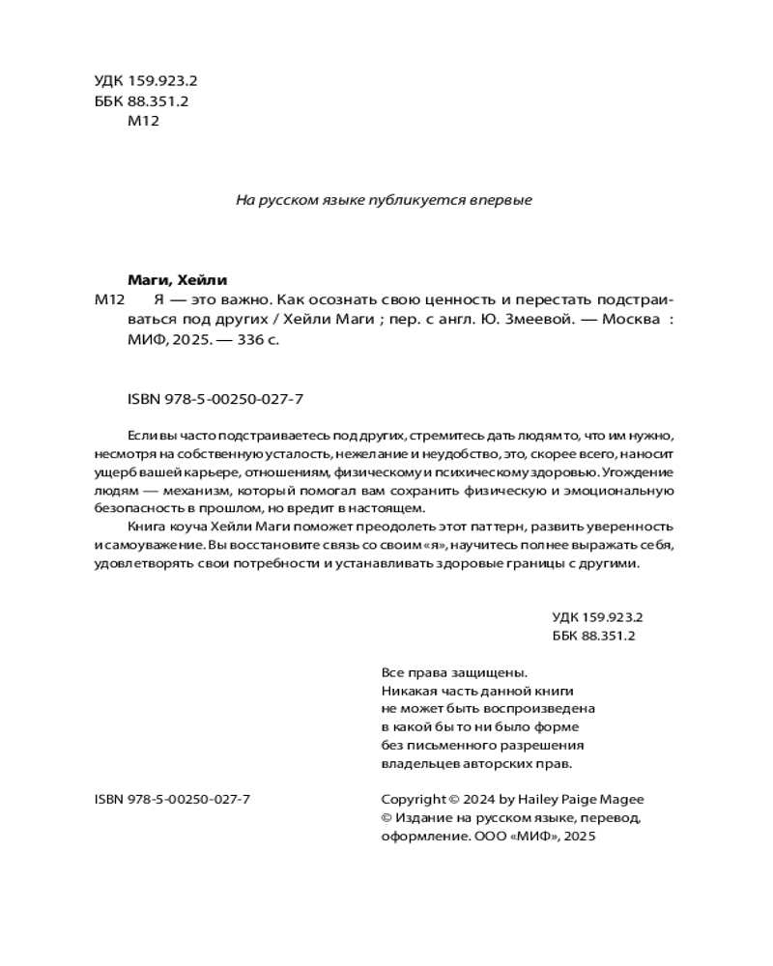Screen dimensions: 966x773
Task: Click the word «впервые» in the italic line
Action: (x=501, y=200)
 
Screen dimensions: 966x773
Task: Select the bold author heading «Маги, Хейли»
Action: (x=177, y=280)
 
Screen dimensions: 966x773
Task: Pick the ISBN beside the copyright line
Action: (x=173, y=799)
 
